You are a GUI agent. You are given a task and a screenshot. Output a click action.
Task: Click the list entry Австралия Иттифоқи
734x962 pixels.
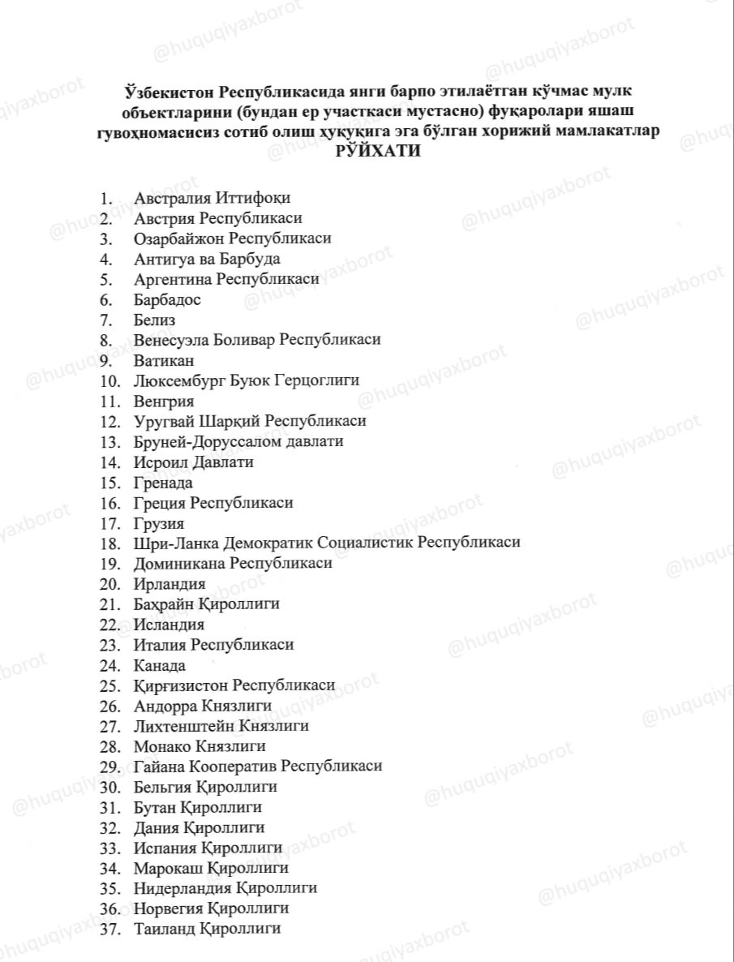[212, 198]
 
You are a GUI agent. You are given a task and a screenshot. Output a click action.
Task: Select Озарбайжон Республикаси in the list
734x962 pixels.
[232, 238]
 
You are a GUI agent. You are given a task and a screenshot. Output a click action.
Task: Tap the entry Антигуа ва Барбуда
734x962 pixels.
[207, 259]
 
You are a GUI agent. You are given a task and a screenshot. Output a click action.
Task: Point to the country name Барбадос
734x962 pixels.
[167, 299]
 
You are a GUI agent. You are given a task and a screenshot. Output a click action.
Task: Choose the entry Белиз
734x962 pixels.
[154, 320]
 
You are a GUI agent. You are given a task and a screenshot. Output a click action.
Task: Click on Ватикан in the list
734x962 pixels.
[164, 360]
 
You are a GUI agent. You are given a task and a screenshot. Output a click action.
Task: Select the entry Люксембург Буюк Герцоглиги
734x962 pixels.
[246, 380]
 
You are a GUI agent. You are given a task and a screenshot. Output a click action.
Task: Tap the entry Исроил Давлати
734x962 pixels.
[193, 462]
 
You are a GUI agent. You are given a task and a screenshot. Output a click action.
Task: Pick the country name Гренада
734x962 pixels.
[163, 483]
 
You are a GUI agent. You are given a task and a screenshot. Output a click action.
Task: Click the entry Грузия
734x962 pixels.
[158, 523]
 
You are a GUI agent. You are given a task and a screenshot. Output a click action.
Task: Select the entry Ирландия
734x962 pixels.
[169, 584]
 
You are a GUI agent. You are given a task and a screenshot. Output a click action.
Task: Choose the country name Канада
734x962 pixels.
[159, 665]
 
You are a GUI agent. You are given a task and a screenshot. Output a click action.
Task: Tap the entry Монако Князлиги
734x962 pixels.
[200, 746]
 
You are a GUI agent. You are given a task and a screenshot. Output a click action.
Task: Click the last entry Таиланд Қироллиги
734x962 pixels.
[207, 929]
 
